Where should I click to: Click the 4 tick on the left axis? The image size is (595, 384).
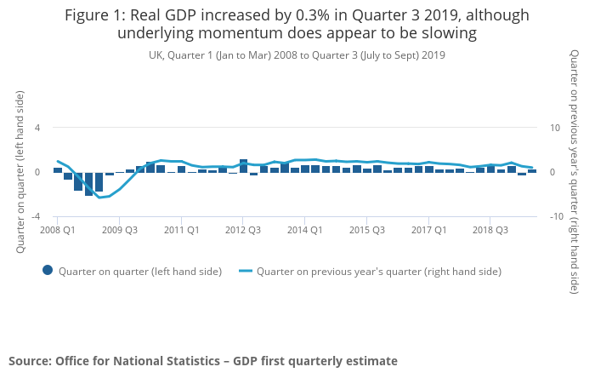(37, 128)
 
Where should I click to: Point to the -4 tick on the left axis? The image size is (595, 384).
(36, 217)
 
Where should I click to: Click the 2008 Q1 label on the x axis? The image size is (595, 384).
(58, 230)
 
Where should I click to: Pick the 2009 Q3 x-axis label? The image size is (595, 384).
(120, 230)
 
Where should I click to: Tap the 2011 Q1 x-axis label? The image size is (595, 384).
(182, 230)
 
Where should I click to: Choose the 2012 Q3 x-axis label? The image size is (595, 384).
(243, 230)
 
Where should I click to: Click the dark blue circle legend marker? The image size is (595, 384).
(48, 271)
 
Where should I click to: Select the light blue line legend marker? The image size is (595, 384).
(245, 271)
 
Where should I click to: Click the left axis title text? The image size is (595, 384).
(19, 171)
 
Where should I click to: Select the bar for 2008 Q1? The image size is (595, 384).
(58, 170)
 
